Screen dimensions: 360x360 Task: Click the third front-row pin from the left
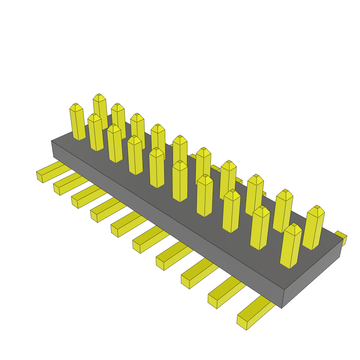pos(115,144)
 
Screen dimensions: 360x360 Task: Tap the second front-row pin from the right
pos(260,229)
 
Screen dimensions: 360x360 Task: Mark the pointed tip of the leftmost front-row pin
pos(76,105)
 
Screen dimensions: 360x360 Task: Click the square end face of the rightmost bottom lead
pos(242,323)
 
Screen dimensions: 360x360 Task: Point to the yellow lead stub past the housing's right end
pos(342,237)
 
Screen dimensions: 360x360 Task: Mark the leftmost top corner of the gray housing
pos(51,141)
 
